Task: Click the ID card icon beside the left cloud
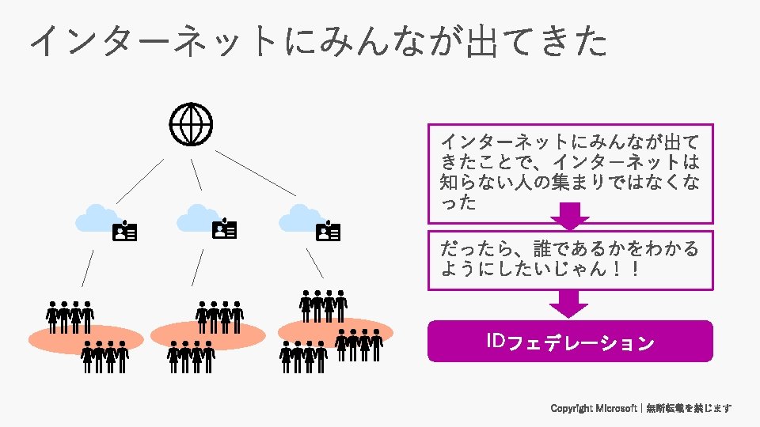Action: coord(125,231)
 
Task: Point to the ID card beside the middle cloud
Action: coord(225,229)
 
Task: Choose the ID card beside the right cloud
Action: coord(328,231)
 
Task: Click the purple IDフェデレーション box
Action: coord(570,342)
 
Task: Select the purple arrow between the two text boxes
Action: coord(569,216)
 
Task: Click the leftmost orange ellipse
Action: coord(85,338)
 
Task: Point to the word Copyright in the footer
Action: coord(572,408)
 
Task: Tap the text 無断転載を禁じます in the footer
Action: coord(689,408)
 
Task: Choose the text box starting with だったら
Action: coord(570,259)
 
